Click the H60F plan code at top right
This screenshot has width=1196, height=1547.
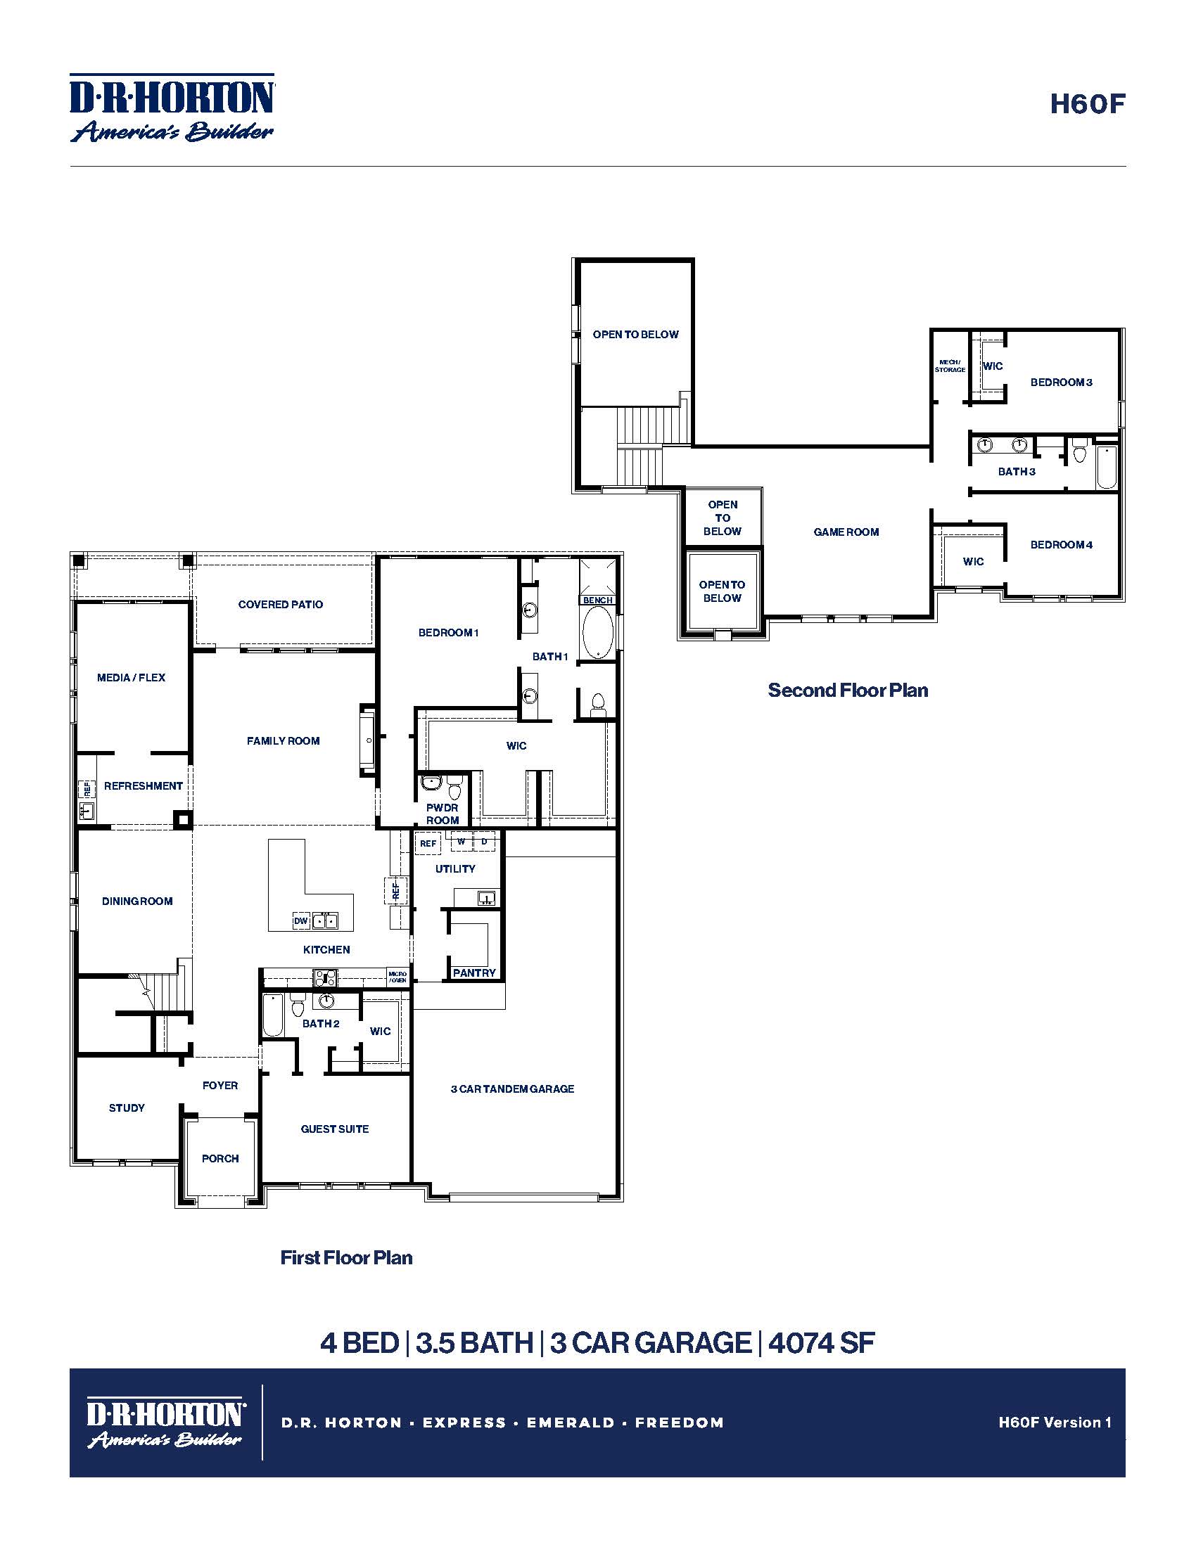click(x=1087, y=104)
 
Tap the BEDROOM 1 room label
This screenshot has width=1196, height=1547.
click(x=449, y=633)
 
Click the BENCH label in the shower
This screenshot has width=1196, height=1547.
click(x=597, y=600)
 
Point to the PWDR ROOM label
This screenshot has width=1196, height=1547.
click(x=442, y=814)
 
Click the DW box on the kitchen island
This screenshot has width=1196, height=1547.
click(x=301, y=921)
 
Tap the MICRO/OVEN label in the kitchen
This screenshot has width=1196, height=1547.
click(x=397, y=977)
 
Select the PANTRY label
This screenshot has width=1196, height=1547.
click(x=474, y=973)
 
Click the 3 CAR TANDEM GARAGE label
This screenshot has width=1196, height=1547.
click(x=512, y=1089)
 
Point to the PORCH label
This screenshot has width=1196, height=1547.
click(x=220, y=1158)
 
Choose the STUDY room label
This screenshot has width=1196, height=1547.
click(x=127, y=1107)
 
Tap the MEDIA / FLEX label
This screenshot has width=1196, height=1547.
click(x=131, y=677)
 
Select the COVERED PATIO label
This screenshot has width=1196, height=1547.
click(x=281, y=604)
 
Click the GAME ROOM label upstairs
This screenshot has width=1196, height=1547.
click(x=846, y=532)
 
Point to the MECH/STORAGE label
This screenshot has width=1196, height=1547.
click(x=950, y=366)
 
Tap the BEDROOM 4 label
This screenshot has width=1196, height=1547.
click(x=1061, y=545)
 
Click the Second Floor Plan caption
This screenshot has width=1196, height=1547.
click(x=848, y=691)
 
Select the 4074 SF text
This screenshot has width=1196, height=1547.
click(x=821, y=1342)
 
